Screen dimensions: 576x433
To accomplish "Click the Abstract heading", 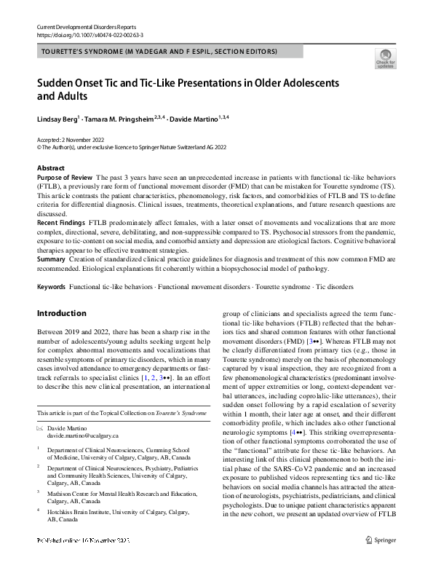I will [x=50, y=168].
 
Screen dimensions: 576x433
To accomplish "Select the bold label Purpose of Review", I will [x=64, y=177].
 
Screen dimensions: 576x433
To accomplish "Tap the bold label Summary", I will [x=51, y=259].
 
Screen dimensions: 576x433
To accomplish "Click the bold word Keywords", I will [x=52, y=287].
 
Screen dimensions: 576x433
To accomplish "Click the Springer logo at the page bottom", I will [x=381, y=561].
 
